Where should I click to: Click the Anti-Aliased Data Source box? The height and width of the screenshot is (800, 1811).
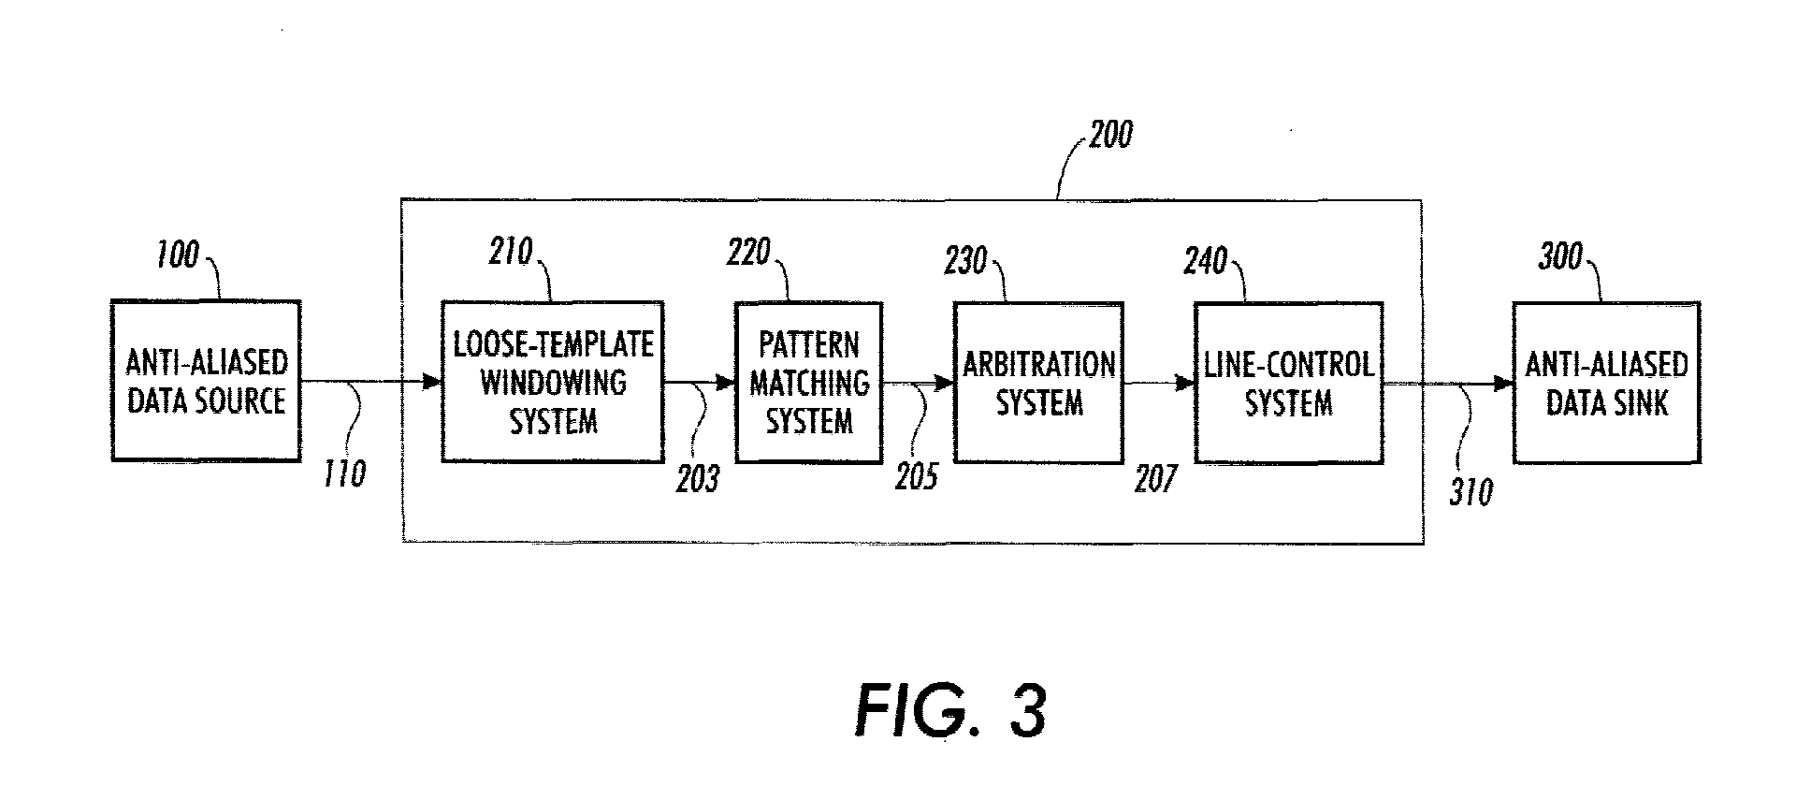[206, 381]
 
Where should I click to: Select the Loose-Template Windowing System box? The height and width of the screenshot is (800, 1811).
[553, 382]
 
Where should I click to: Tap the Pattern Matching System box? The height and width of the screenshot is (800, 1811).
[809, 383]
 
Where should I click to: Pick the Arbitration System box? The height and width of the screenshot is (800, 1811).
[1038, 383]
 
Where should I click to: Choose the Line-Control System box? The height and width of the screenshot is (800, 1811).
[1289, 383]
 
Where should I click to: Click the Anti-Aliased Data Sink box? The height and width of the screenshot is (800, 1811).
[1607, 383]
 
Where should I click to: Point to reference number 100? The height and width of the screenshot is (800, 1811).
[177, 255]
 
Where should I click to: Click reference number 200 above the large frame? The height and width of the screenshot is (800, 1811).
[1109, 135]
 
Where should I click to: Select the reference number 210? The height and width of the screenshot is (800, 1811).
[511, 251]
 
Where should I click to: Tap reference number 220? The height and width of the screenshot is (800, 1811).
[748, 252]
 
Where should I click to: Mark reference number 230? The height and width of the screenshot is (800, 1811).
[966, 261]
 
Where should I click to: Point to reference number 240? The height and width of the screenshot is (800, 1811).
[1205, 260]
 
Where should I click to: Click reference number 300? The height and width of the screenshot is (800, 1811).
[1560, 256]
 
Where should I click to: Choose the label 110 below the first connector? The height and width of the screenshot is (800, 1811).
[344, 474]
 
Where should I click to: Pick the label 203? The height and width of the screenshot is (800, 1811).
[699, 479]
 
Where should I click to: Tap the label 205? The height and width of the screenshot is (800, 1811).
[916, 477]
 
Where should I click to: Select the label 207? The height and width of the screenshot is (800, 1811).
[1155, 479]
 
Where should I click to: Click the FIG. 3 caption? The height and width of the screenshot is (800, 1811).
[950, 711]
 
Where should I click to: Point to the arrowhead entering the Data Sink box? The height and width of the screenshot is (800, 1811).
[1504, 383]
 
